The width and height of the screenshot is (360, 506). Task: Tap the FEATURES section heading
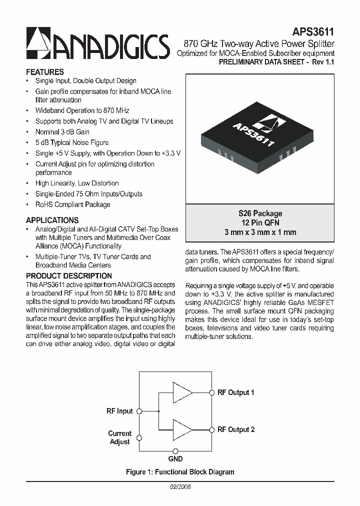(44, 72)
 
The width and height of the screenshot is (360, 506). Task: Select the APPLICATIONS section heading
(52, 220)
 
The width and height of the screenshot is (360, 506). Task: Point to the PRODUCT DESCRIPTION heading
(68, 275)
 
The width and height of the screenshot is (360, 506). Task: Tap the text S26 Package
(260, 213)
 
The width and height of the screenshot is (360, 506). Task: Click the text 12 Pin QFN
(260, 222)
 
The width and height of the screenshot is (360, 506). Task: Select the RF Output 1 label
(236, 392)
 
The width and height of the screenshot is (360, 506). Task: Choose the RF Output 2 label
(236, 429)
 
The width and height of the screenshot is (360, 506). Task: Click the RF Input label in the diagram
(120, 411)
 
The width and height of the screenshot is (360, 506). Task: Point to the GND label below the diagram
(175, 458)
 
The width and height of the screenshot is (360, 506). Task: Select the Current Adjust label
(120, 437)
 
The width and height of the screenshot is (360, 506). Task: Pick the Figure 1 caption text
(180, 471)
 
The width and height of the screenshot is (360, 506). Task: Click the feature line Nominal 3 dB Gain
(62, 132)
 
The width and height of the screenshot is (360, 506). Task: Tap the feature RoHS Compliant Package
(72, 204)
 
